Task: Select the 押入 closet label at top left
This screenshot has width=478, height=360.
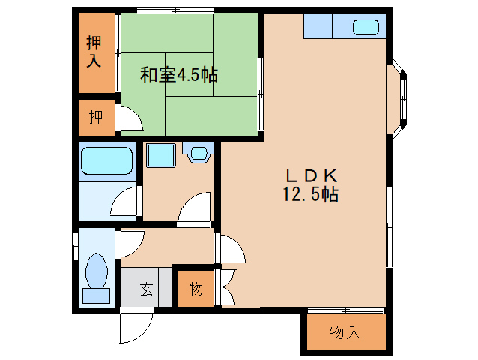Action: click(x=94, y=51)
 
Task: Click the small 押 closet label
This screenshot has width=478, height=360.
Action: click(x=96, y=117)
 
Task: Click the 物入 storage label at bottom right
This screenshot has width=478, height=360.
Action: click(x=345, y=332)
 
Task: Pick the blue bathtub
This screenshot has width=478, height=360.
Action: click(x=106, y=160)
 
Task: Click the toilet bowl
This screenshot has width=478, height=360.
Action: click(x=96, y=271)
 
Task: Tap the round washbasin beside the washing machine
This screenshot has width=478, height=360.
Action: click(x=198, y=154)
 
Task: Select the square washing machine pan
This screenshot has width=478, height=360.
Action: click(x=160, y=155)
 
